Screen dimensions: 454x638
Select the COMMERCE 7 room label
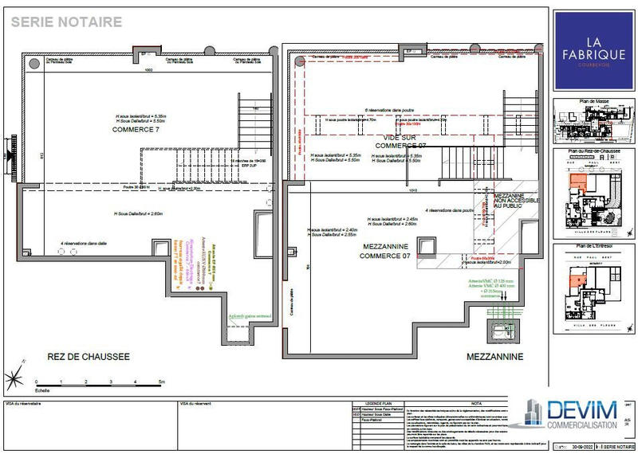point(136,129)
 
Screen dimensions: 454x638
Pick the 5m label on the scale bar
point(161,384)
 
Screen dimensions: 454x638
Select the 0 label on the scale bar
point(33,384)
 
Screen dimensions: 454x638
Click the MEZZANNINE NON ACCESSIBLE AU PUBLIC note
point(518,200)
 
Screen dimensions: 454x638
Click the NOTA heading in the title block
point(475,404)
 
